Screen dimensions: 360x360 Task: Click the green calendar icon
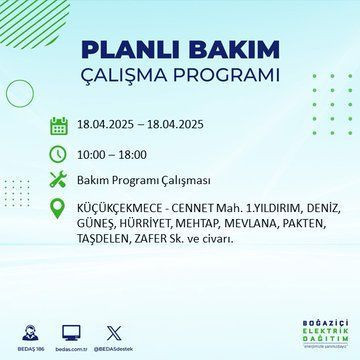[58, 125]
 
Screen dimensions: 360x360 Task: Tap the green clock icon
[58, 154]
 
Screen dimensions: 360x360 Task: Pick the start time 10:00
[94, 154]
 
